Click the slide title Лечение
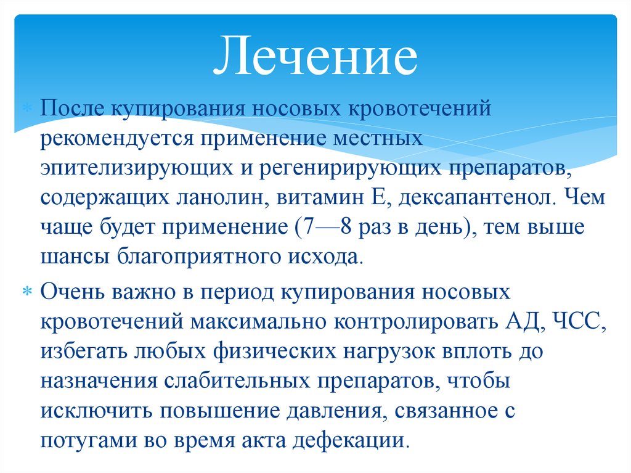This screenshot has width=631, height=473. (x=315, y=57)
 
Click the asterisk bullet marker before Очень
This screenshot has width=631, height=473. (x=27, y=292)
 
